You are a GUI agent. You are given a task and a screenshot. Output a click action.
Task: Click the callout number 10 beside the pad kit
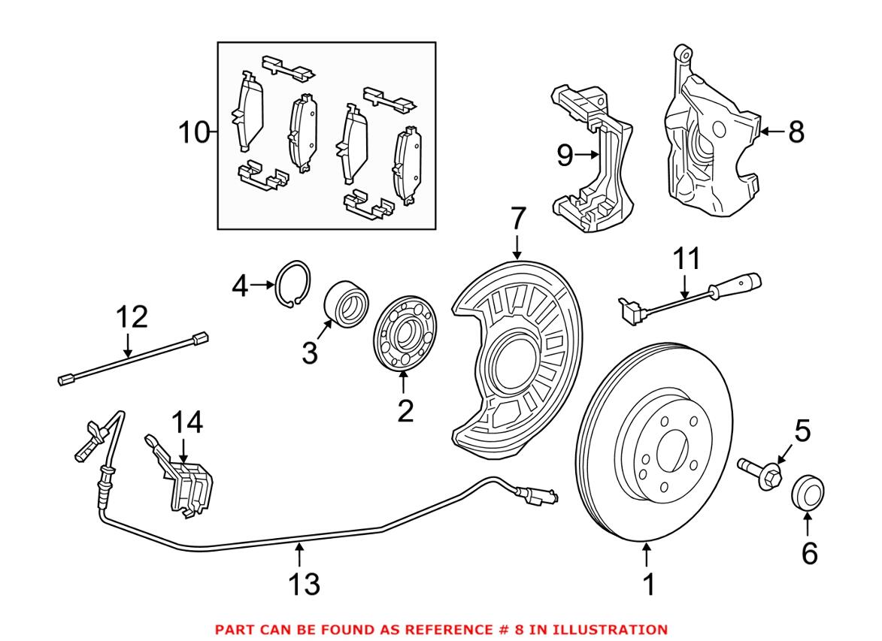tap(193, 133)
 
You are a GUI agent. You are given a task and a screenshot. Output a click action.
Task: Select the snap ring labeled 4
tap(293, 285)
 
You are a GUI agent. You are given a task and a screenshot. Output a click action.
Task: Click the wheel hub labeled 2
tap(405, 334)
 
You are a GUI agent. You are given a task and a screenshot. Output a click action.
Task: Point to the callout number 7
tap(517, 219)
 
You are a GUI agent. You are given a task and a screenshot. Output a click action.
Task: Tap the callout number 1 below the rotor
tap(649, 584)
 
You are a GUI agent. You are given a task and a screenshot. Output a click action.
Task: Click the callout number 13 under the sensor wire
tap(305, 584)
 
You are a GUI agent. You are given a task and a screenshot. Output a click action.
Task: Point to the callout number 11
tap(687, 259)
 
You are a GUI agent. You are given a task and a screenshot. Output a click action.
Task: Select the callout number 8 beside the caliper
tap(796, 133)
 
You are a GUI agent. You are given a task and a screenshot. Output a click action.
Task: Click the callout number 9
tap(565, 156)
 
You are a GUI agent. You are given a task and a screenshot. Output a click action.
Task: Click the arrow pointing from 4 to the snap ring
tap(262, 285)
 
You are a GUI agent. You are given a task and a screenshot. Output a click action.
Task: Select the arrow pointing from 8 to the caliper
tap(771, 132)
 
